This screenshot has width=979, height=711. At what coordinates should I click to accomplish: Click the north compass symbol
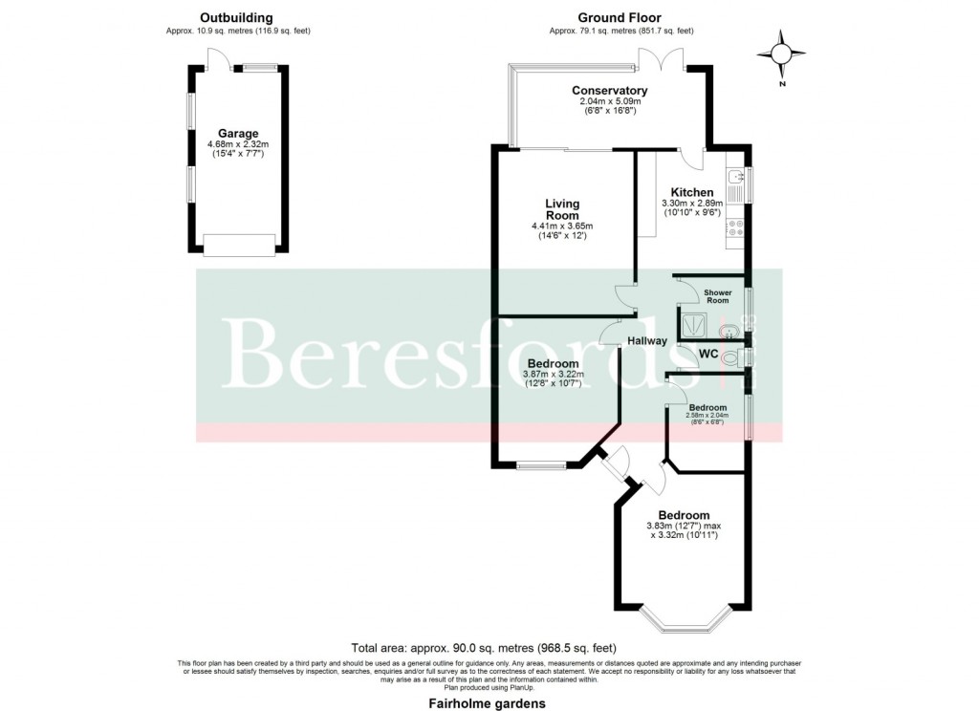[x=782, y=54]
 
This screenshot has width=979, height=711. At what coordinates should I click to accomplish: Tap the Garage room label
[x=238, y=134]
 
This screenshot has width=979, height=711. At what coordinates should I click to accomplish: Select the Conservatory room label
[x=610, y=91]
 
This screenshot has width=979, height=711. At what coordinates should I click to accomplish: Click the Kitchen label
[x=692, y=193]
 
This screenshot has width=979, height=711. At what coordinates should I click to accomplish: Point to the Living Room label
[x=562, y=209]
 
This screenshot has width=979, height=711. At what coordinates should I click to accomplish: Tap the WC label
[x=708, y=355]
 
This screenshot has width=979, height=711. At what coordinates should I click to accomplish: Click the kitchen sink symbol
[x=737, y=178]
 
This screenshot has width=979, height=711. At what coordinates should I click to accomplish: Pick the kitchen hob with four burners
[x=737, y=228]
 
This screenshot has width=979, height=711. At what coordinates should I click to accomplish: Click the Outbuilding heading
[x=236, y=17]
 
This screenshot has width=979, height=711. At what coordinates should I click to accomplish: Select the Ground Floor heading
[x=620, y=17]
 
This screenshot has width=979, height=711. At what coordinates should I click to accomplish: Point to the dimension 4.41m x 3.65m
[x=562, y=226]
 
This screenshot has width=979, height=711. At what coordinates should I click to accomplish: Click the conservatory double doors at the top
[x=661, y=62]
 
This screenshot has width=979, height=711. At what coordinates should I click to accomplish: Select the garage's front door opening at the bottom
[x=238, y=246]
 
